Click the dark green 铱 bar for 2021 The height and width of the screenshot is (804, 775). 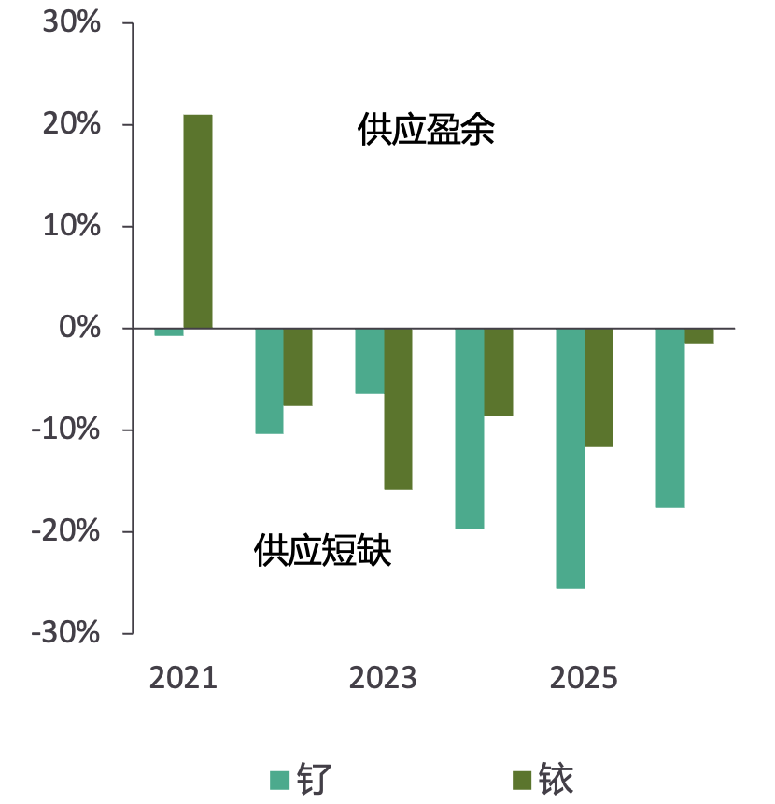pos(198,221)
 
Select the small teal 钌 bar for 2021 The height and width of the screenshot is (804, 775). pos(169,331)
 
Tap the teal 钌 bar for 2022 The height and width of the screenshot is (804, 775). pos(269,381)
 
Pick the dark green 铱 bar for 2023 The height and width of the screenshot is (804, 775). pos(398,409)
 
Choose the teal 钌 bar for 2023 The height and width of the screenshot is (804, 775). pos(370,361)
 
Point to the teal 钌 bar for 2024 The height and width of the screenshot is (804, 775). pos(470,429)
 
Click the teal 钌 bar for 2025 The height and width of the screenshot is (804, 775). pos(571,458)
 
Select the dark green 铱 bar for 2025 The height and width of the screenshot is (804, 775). pos(599,388)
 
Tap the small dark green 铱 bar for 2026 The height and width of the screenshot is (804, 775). pos(699,336)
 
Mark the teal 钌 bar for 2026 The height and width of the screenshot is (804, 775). pos(670,417)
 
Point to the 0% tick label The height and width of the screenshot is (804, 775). pos(79,328)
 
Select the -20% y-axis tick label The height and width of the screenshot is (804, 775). pos(64,531)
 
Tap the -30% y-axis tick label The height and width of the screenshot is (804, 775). pos(64,633)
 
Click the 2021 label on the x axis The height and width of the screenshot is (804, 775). pos(183,678)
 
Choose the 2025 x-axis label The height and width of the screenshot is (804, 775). pos(585,678)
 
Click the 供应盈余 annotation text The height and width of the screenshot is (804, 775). pos(426,131)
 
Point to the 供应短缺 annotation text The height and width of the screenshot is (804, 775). pos(322,552)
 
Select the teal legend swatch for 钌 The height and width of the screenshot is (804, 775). pos(280,780)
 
